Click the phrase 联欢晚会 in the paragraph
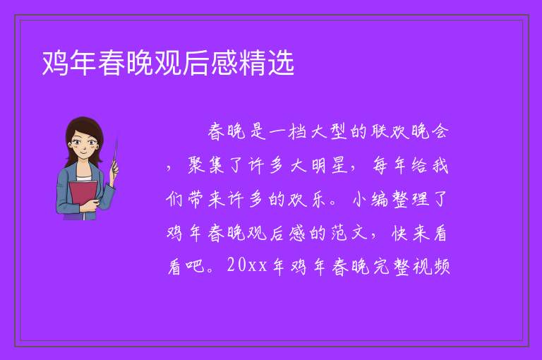point(409,131)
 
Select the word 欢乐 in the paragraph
point(306,199)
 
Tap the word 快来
point(411,233)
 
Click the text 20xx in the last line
point(247,266)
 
